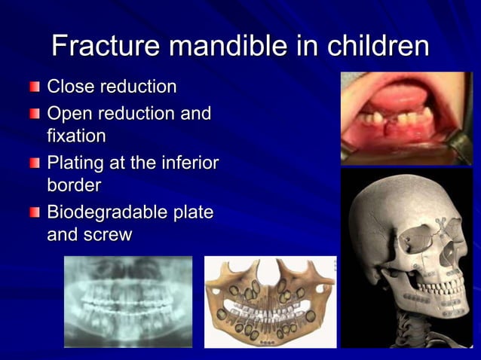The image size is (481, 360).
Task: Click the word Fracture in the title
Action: point(106,46)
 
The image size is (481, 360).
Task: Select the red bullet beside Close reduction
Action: point(35,88)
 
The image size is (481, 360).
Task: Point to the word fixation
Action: point(76,136)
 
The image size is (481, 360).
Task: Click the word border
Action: point(74,184)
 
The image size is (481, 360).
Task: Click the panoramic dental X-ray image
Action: point(127,301)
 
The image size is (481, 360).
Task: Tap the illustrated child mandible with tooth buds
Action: point(269,301)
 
